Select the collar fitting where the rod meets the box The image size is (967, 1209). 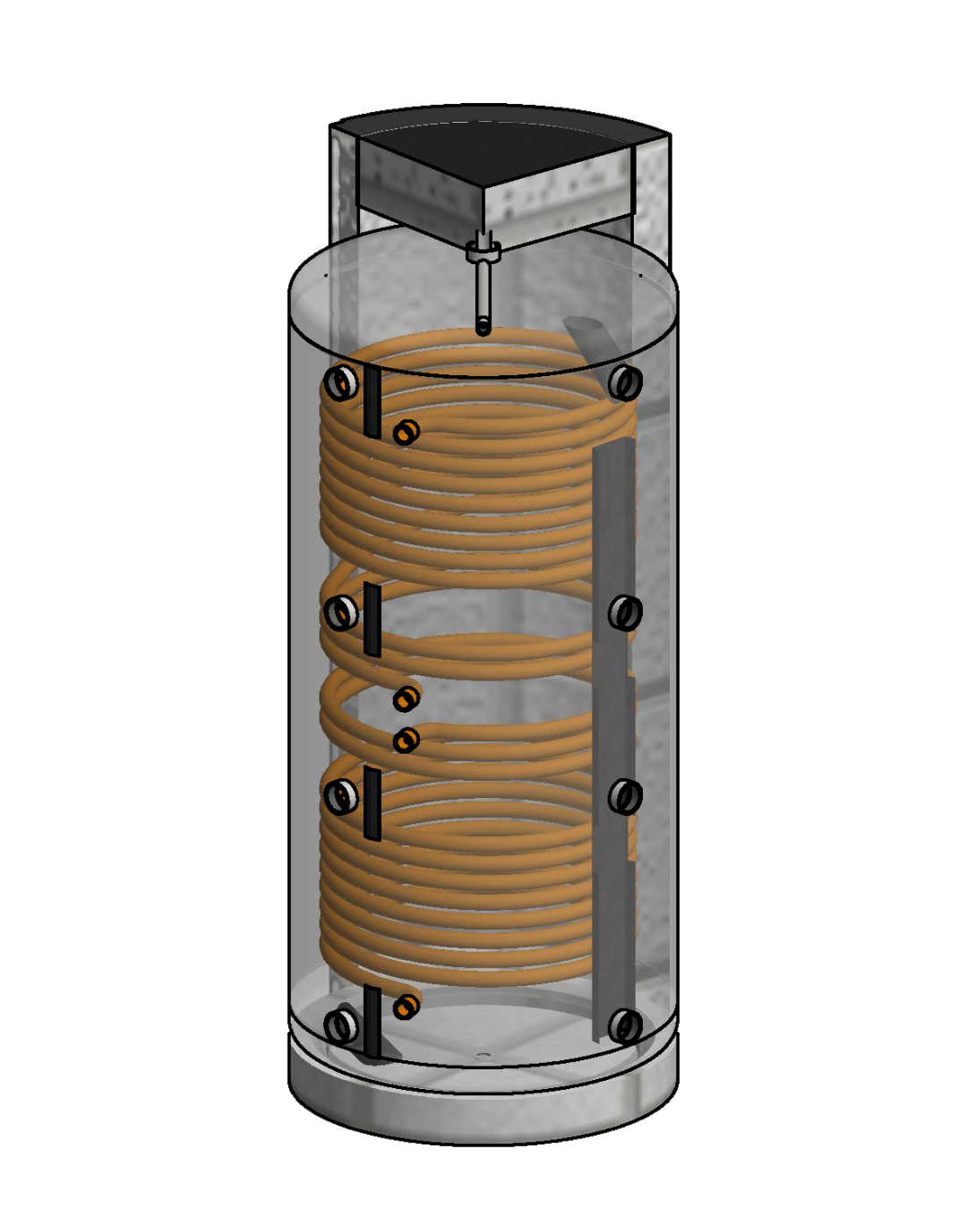(483, 252)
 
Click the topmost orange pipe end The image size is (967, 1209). (406, 433)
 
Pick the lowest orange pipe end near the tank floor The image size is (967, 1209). (406, 1007)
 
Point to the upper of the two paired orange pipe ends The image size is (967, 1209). (406, 698)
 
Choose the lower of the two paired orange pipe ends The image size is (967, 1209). (406, 740)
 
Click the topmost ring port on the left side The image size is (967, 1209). (340, 383)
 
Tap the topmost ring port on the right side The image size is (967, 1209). (625, 383)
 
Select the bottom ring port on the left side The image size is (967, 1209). (341, 1025)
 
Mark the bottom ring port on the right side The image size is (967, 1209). (625, 1026)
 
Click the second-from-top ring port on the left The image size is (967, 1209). (340, 613)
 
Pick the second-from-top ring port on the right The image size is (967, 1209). (625, 613)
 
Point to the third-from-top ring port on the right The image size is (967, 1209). (625, 796)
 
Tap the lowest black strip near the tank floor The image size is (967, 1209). (372, 1021)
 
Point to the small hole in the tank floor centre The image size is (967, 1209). (483, 1056)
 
